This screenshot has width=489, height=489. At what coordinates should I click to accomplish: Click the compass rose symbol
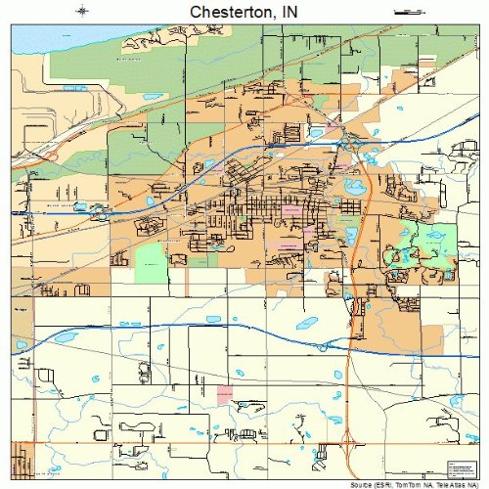[x=83, y=11]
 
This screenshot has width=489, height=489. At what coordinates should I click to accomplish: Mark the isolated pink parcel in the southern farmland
[x=224, y=393]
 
